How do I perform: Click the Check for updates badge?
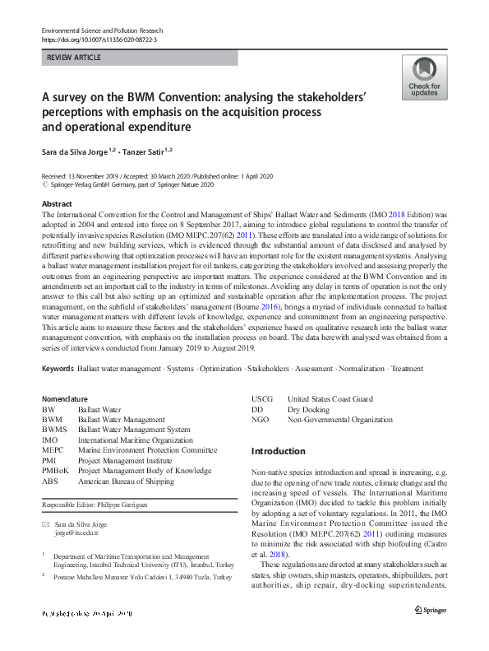[424, 78]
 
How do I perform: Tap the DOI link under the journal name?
[99, 39]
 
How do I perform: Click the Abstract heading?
[57, 203]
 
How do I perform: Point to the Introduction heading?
[278, 451]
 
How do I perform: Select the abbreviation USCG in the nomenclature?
[262, 399]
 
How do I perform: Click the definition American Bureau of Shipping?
[126, 481]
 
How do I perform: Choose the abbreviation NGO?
[261, 420]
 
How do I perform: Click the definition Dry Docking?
[308, 409]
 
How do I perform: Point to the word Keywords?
[58, 369]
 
